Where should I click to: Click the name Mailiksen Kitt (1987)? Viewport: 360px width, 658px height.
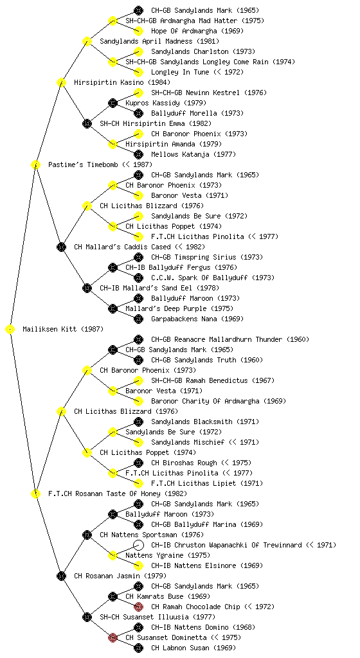pyautogui.click(x=63, y=329)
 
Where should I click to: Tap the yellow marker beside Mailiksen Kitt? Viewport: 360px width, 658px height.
pyautogui.click(x=10, y=330)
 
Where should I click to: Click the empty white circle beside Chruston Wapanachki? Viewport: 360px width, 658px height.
pyautogui.click(x=138, y=545)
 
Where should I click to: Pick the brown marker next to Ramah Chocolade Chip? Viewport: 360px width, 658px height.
pyautogui.click(x=138, y=607)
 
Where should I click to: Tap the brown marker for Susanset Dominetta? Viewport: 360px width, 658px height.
pyautogui.click(x=113, y=638)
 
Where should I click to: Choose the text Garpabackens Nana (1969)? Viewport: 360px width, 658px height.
pyautogui.click(x=197, y=319)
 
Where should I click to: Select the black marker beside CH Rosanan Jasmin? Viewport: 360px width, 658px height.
pyautogui.click(x=61, y=576)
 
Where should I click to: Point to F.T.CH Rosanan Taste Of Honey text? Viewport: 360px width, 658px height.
pyautogui.click(x=118, y=493)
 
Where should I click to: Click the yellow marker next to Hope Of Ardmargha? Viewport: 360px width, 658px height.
pyautogui.click(x=138, y=31)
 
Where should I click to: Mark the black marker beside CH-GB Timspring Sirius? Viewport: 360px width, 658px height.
pyautogui.click(x=138, y=257)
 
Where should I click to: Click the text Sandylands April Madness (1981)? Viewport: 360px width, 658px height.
pyautogui.click(x=159, y=41)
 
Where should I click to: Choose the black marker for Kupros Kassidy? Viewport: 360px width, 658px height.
pyautogui.click(x=113, y=103)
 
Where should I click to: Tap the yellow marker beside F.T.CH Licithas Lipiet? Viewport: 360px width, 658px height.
pyautogui.click(x=138, y=483)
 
